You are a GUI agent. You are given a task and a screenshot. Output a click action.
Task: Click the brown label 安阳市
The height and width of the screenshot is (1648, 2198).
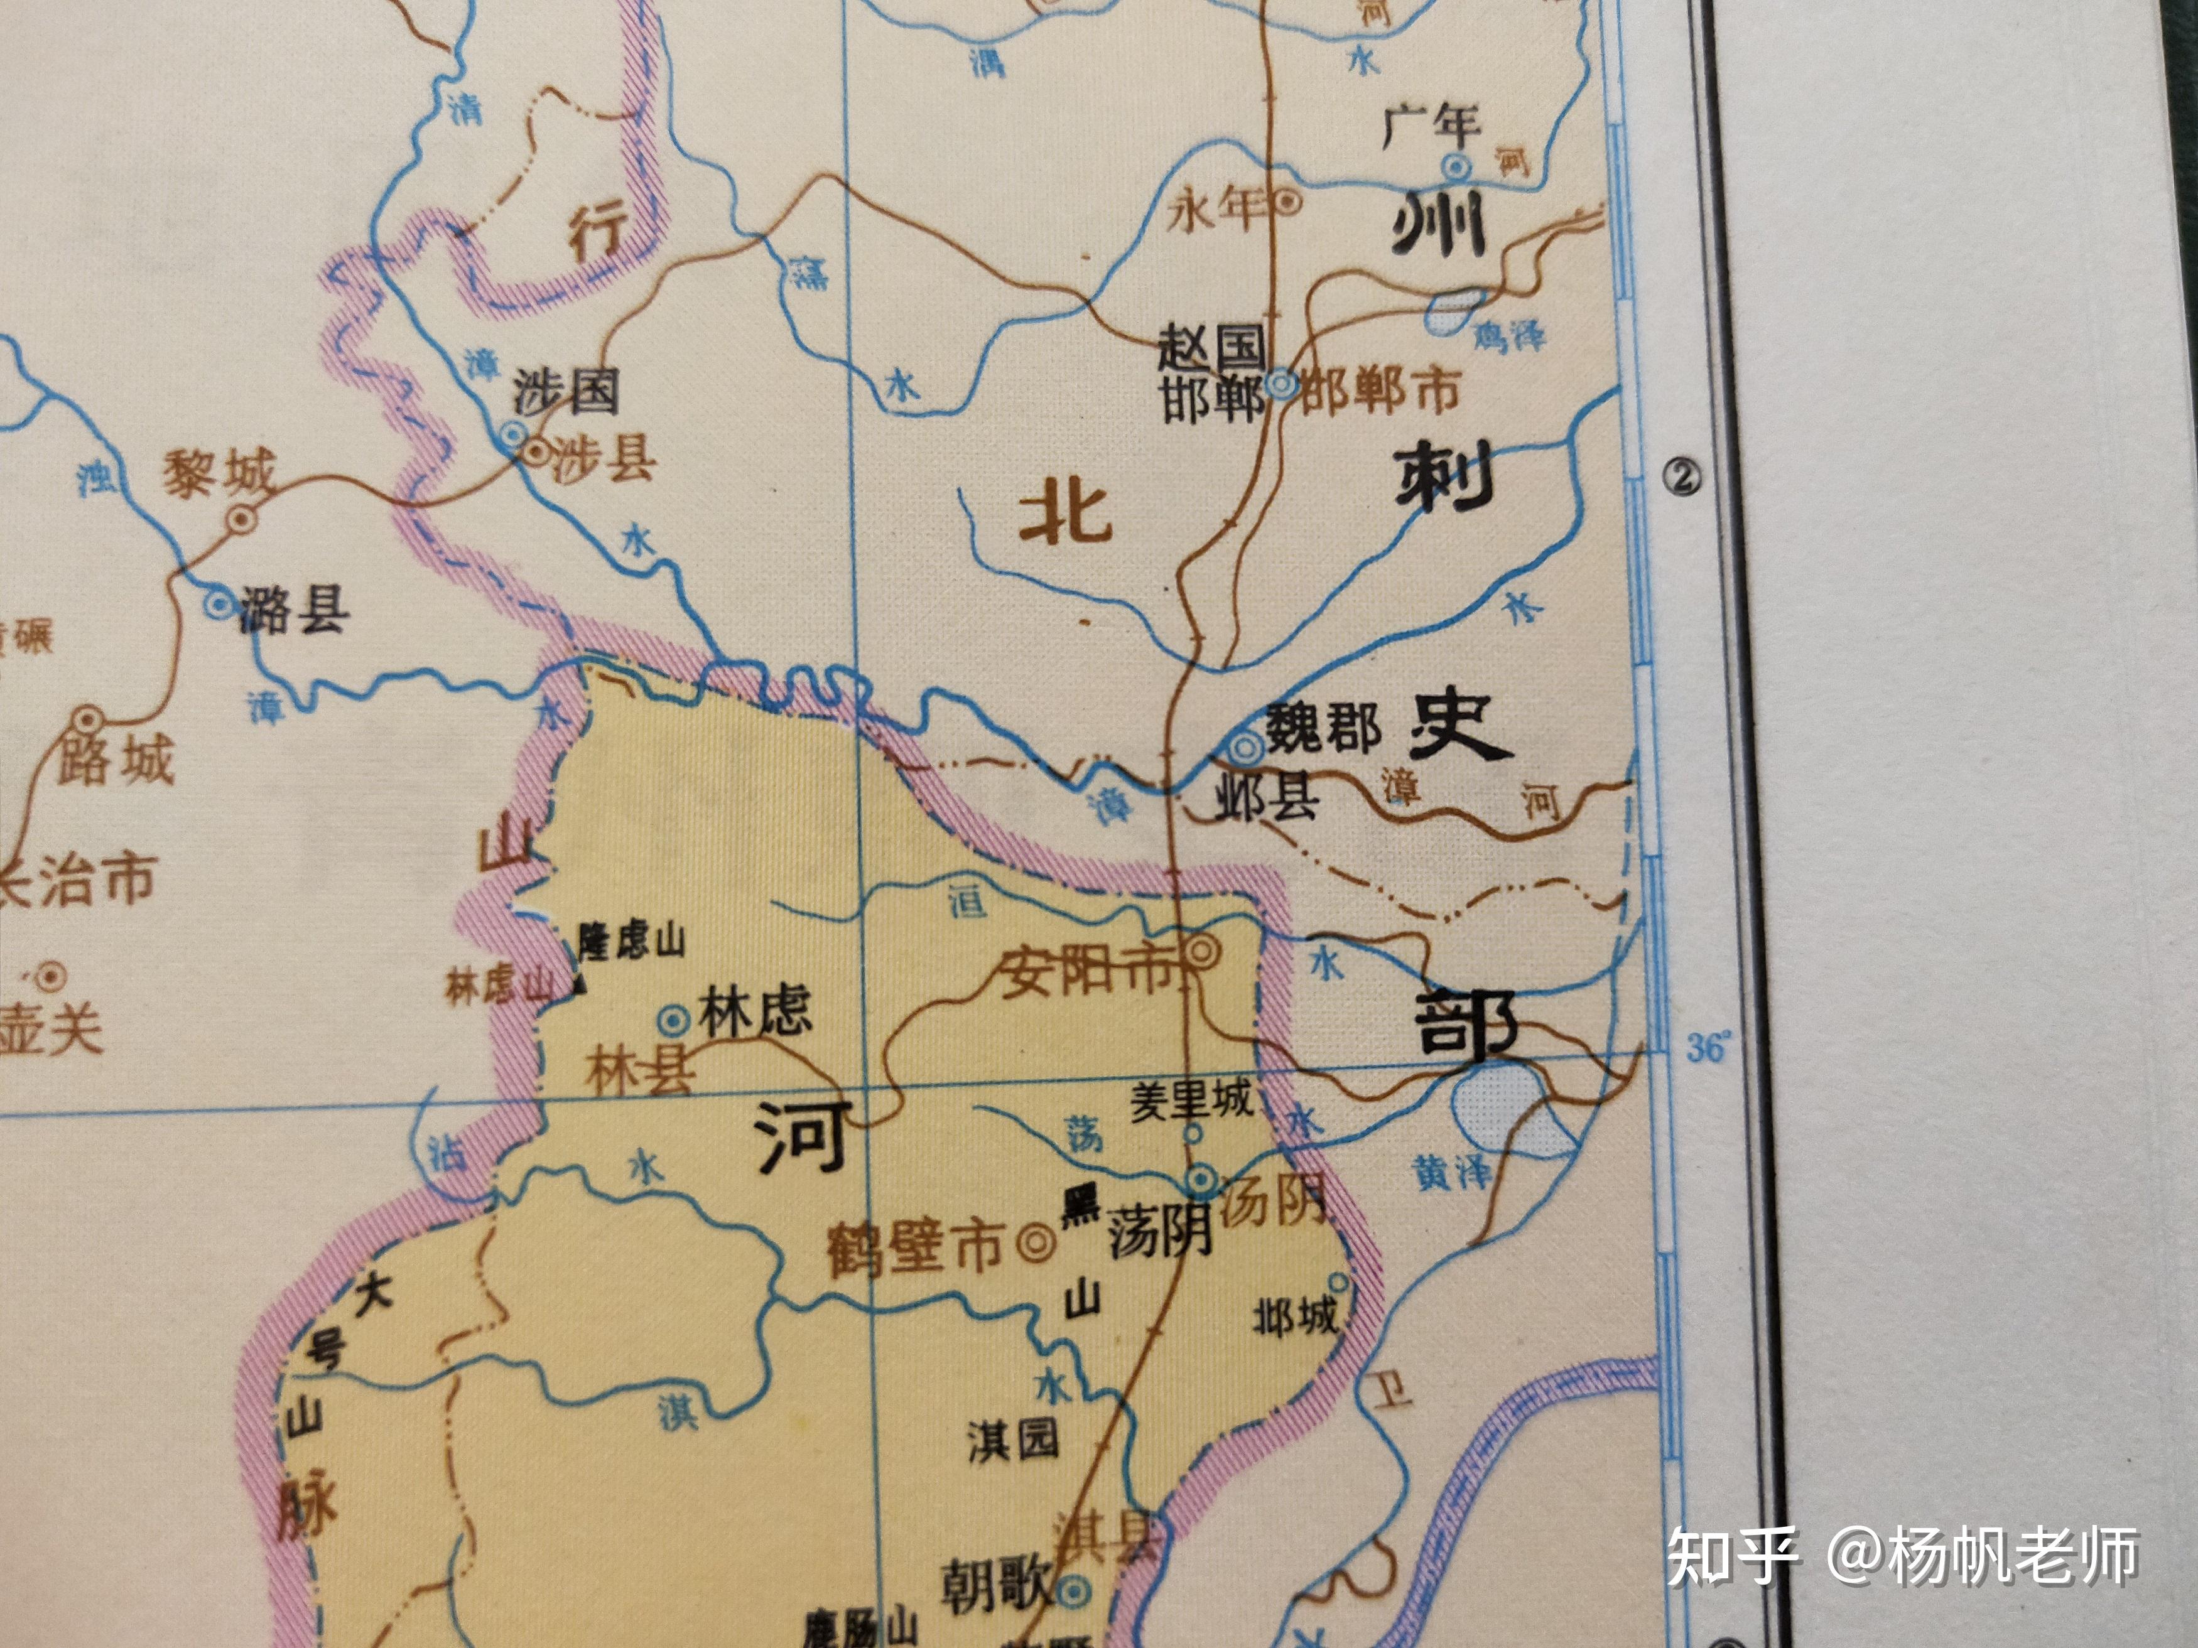point(1086,971)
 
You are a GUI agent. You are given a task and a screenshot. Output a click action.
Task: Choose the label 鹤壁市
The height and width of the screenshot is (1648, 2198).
point(915,1247)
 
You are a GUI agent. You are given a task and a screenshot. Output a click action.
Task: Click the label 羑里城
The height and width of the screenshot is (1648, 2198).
point(1191,1101)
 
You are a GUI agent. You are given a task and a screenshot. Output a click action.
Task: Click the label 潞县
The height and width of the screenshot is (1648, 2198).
point(294,609)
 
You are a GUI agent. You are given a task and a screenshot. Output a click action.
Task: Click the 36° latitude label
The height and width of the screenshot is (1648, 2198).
point(1708,1047)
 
